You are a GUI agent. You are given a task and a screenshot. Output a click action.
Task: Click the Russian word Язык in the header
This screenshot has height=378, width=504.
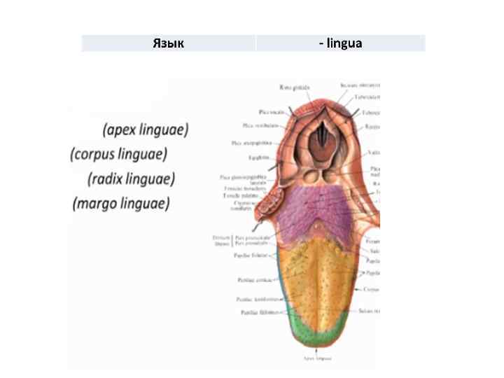tap(168, 43)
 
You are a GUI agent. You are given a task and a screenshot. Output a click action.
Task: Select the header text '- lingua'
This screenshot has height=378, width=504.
tap(340, 43)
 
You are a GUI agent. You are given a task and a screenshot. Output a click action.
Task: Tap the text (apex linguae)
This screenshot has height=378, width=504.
tap(146, 129)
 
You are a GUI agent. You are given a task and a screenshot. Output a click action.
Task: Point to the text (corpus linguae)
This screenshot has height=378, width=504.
tap(119, 154)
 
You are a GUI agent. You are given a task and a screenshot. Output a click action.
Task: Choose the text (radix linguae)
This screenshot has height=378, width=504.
tap(131, 178)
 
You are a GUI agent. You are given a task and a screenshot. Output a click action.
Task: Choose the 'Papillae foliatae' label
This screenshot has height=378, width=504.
tap(248, 256)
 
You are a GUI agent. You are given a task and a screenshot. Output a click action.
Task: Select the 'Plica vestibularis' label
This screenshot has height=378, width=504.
tap(251, 125)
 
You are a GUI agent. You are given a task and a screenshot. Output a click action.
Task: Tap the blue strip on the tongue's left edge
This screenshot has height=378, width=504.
tap(282, 301)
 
